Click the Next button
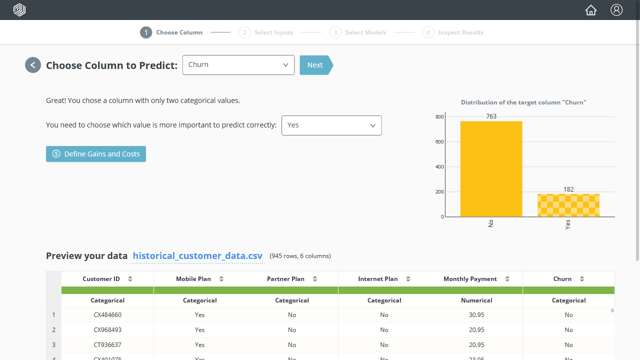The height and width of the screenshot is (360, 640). tap(315, 65)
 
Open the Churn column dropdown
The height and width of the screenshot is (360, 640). tap(238, 65)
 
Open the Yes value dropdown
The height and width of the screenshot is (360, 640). tap(331, 125)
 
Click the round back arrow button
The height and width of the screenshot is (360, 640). tap(33, 65)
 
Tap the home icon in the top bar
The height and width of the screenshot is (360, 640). tap(591, 10)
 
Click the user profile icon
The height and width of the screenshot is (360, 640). tap(616, 10)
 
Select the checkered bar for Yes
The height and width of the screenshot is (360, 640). tap(568, 205)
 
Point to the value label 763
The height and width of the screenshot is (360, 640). tap(491, 116)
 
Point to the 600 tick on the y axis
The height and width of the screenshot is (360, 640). tap(439, 142)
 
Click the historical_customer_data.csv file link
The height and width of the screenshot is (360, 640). tap(197, 256)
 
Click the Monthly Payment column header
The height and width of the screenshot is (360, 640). tap(470, 279)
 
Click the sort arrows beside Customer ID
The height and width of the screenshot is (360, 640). tap(130, 279)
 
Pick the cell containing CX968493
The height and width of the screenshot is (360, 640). tap(107, 330)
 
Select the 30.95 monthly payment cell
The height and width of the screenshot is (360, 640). tap(476, 315)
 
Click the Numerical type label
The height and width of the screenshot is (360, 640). tap(476, 300)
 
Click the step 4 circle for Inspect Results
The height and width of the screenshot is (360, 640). tap(428, 32)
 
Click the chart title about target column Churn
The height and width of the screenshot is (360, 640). tap(523, 102)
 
